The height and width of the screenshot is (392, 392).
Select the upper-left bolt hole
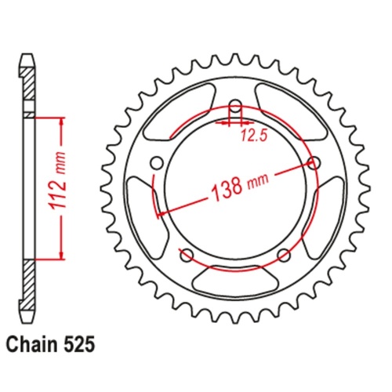point(154,163)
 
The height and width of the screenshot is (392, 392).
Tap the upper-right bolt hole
point(315,163)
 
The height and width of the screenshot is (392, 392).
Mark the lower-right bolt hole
point(284,254)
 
